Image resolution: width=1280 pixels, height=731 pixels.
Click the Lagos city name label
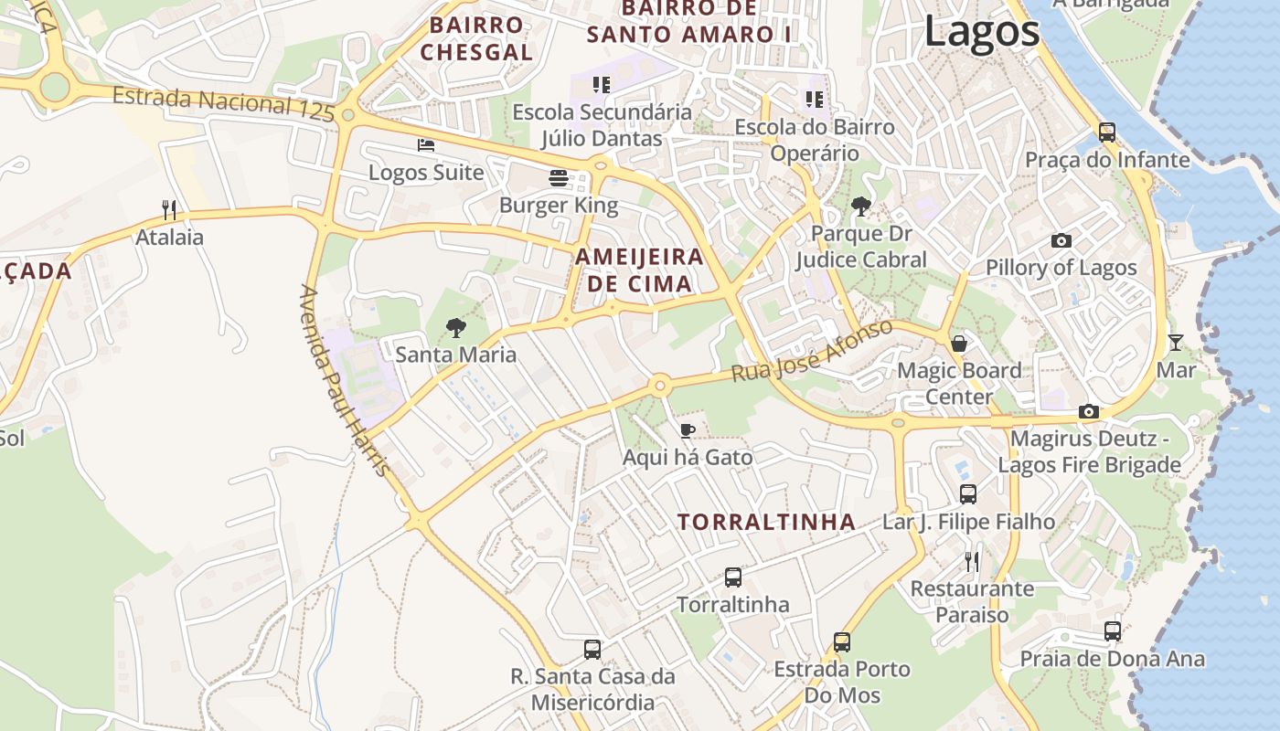tap(982, 32)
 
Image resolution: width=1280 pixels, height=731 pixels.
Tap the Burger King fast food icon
tap(559, 176)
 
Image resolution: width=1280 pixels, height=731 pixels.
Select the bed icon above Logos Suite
tap(426, 144)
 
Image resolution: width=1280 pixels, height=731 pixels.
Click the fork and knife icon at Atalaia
tap(169, 210)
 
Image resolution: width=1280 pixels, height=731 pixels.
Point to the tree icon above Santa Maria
tap(455, 327)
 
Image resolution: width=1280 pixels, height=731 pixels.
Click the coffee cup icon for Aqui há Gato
tap(688, 430)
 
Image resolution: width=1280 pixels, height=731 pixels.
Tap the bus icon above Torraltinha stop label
tap(733, 577)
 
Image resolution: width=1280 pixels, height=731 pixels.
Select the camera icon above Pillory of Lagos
tap(1061, 240)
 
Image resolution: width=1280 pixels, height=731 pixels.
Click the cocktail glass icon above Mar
tap(1176, 343)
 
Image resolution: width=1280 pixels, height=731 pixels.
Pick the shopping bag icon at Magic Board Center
tap(959, 344)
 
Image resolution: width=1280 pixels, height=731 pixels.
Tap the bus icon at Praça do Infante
tap(1107, 132)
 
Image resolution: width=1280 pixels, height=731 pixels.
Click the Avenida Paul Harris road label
tap(345, 380)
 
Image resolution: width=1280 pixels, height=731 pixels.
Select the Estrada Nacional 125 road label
tap(225, 101)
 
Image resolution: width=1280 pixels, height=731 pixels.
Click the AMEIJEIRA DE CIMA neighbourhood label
tap(639, 270)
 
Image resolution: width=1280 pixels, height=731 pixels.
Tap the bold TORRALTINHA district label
tap(766, 523)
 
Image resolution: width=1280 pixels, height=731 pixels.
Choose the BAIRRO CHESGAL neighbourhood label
tap(476, 38)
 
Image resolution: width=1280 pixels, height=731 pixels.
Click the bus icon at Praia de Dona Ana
tap(1113, 630)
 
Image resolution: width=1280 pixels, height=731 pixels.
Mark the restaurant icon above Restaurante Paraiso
tap(972, 560)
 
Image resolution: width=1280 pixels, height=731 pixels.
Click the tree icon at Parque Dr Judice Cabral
tap(860, 207)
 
